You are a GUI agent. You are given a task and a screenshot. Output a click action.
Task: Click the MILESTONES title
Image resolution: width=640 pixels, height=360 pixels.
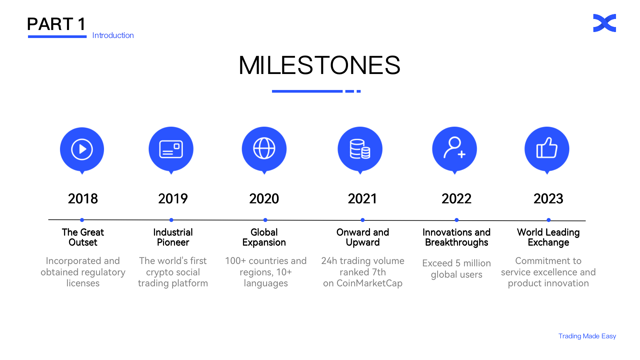point(319,65)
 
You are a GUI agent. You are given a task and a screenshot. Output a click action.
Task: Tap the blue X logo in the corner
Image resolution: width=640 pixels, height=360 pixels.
point(604,23)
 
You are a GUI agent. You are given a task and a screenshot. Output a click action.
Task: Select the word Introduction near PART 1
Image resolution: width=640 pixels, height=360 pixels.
point(113,35)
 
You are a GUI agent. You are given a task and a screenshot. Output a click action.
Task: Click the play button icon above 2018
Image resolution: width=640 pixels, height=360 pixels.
point(82,149)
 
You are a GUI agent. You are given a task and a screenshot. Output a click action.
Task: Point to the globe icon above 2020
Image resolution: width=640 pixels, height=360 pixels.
point(264,148)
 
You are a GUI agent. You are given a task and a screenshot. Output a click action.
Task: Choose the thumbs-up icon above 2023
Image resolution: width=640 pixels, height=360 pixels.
point(547,148)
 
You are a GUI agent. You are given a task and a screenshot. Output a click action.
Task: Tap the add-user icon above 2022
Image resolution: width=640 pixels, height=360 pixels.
point(454,148)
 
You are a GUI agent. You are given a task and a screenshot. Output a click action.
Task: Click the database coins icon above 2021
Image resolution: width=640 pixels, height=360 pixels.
point(360,149)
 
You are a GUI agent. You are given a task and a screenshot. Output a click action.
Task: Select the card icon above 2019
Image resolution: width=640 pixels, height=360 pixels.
point(171,149)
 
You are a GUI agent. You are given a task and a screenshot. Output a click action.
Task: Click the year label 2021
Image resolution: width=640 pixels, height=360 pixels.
point(362,199)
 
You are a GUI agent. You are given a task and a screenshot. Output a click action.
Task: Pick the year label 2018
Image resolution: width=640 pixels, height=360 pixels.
point(83,199)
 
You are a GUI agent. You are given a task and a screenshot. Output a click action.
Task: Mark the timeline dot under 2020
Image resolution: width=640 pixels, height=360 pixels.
point(265,220)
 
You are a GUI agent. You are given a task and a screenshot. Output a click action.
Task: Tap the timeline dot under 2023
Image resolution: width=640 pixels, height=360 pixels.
point(549,220)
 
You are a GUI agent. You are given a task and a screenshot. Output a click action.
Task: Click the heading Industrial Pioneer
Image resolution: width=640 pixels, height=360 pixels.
point(173,237)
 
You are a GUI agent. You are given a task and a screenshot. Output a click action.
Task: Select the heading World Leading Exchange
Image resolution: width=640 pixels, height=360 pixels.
point(548,237)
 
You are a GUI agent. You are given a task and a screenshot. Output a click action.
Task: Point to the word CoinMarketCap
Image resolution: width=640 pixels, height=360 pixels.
point(369,283)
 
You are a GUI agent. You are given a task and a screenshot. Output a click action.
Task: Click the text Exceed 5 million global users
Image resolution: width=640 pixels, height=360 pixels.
point(456,269)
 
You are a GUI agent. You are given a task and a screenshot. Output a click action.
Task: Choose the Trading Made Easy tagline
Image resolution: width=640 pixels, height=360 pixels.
point(587,336)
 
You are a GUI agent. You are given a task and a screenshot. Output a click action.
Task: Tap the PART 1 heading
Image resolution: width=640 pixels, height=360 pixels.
point(56,24)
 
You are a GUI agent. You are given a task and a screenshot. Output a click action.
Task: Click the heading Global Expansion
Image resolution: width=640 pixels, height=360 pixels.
point(264,237)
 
